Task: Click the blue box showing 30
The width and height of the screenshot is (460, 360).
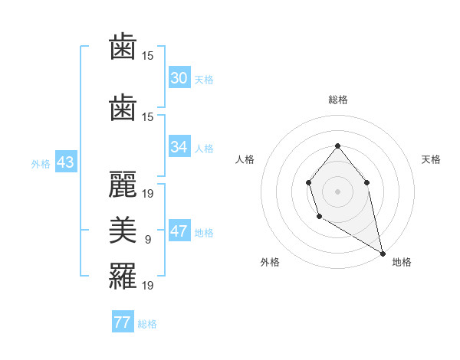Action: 179,78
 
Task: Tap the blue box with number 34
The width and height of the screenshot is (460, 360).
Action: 179,147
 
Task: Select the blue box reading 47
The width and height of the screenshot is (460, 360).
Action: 179,232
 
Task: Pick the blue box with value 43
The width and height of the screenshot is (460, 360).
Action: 64,163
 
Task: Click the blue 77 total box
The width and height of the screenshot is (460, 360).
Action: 122,322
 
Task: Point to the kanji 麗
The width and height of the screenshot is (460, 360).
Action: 123,183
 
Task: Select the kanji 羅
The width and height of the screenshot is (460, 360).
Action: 123,275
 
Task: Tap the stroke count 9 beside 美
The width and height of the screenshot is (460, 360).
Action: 148,240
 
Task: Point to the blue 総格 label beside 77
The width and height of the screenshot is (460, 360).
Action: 147,324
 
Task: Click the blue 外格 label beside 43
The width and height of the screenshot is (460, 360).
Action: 40,164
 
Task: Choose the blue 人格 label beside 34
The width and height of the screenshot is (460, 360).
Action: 204,149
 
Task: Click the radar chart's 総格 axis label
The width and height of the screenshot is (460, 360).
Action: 337,100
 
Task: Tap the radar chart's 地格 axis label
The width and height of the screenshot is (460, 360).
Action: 402,262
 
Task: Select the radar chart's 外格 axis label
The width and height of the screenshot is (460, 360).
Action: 270,262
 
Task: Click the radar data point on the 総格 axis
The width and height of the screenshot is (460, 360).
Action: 337,146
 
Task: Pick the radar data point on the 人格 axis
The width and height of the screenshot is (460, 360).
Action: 308,182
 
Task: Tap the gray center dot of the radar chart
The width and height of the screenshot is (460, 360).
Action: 337,191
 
